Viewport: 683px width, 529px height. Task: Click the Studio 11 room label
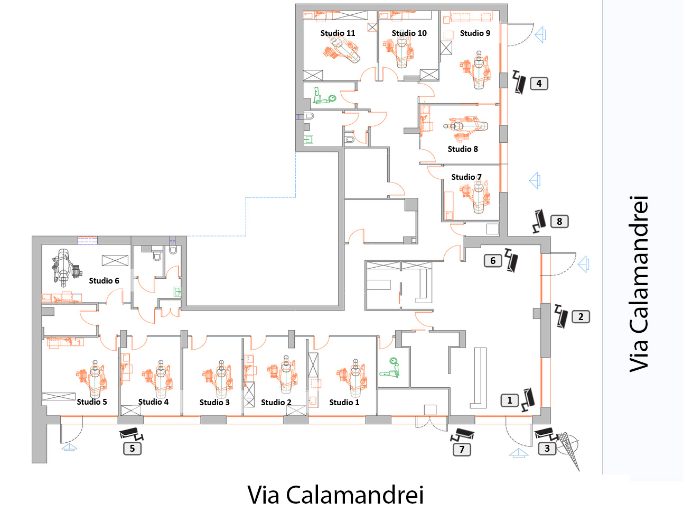tap(338, 33)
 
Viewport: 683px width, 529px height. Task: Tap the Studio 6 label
tap(104, 280)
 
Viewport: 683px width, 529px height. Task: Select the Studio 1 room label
tap(344, 402)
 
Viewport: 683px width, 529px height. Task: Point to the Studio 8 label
tap(462, 149)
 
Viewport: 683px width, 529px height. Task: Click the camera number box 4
tap(539, 83)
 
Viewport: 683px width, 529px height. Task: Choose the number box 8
tap(559, 221)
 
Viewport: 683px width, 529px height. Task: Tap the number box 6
tap(493, 260)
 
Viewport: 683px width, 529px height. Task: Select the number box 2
tap(581, 316)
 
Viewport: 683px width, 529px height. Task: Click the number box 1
tap(510, 400)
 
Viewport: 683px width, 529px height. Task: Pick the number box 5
tap(132, 448)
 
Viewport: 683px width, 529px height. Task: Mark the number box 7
tap(462, 449)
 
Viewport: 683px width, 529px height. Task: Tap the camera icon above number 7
tap(463, 435)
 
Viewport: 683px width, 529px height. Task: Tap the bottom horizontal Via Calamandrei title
tap(335, 495)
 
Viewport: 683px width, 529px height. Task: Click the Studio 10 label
tap(409, 33)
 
